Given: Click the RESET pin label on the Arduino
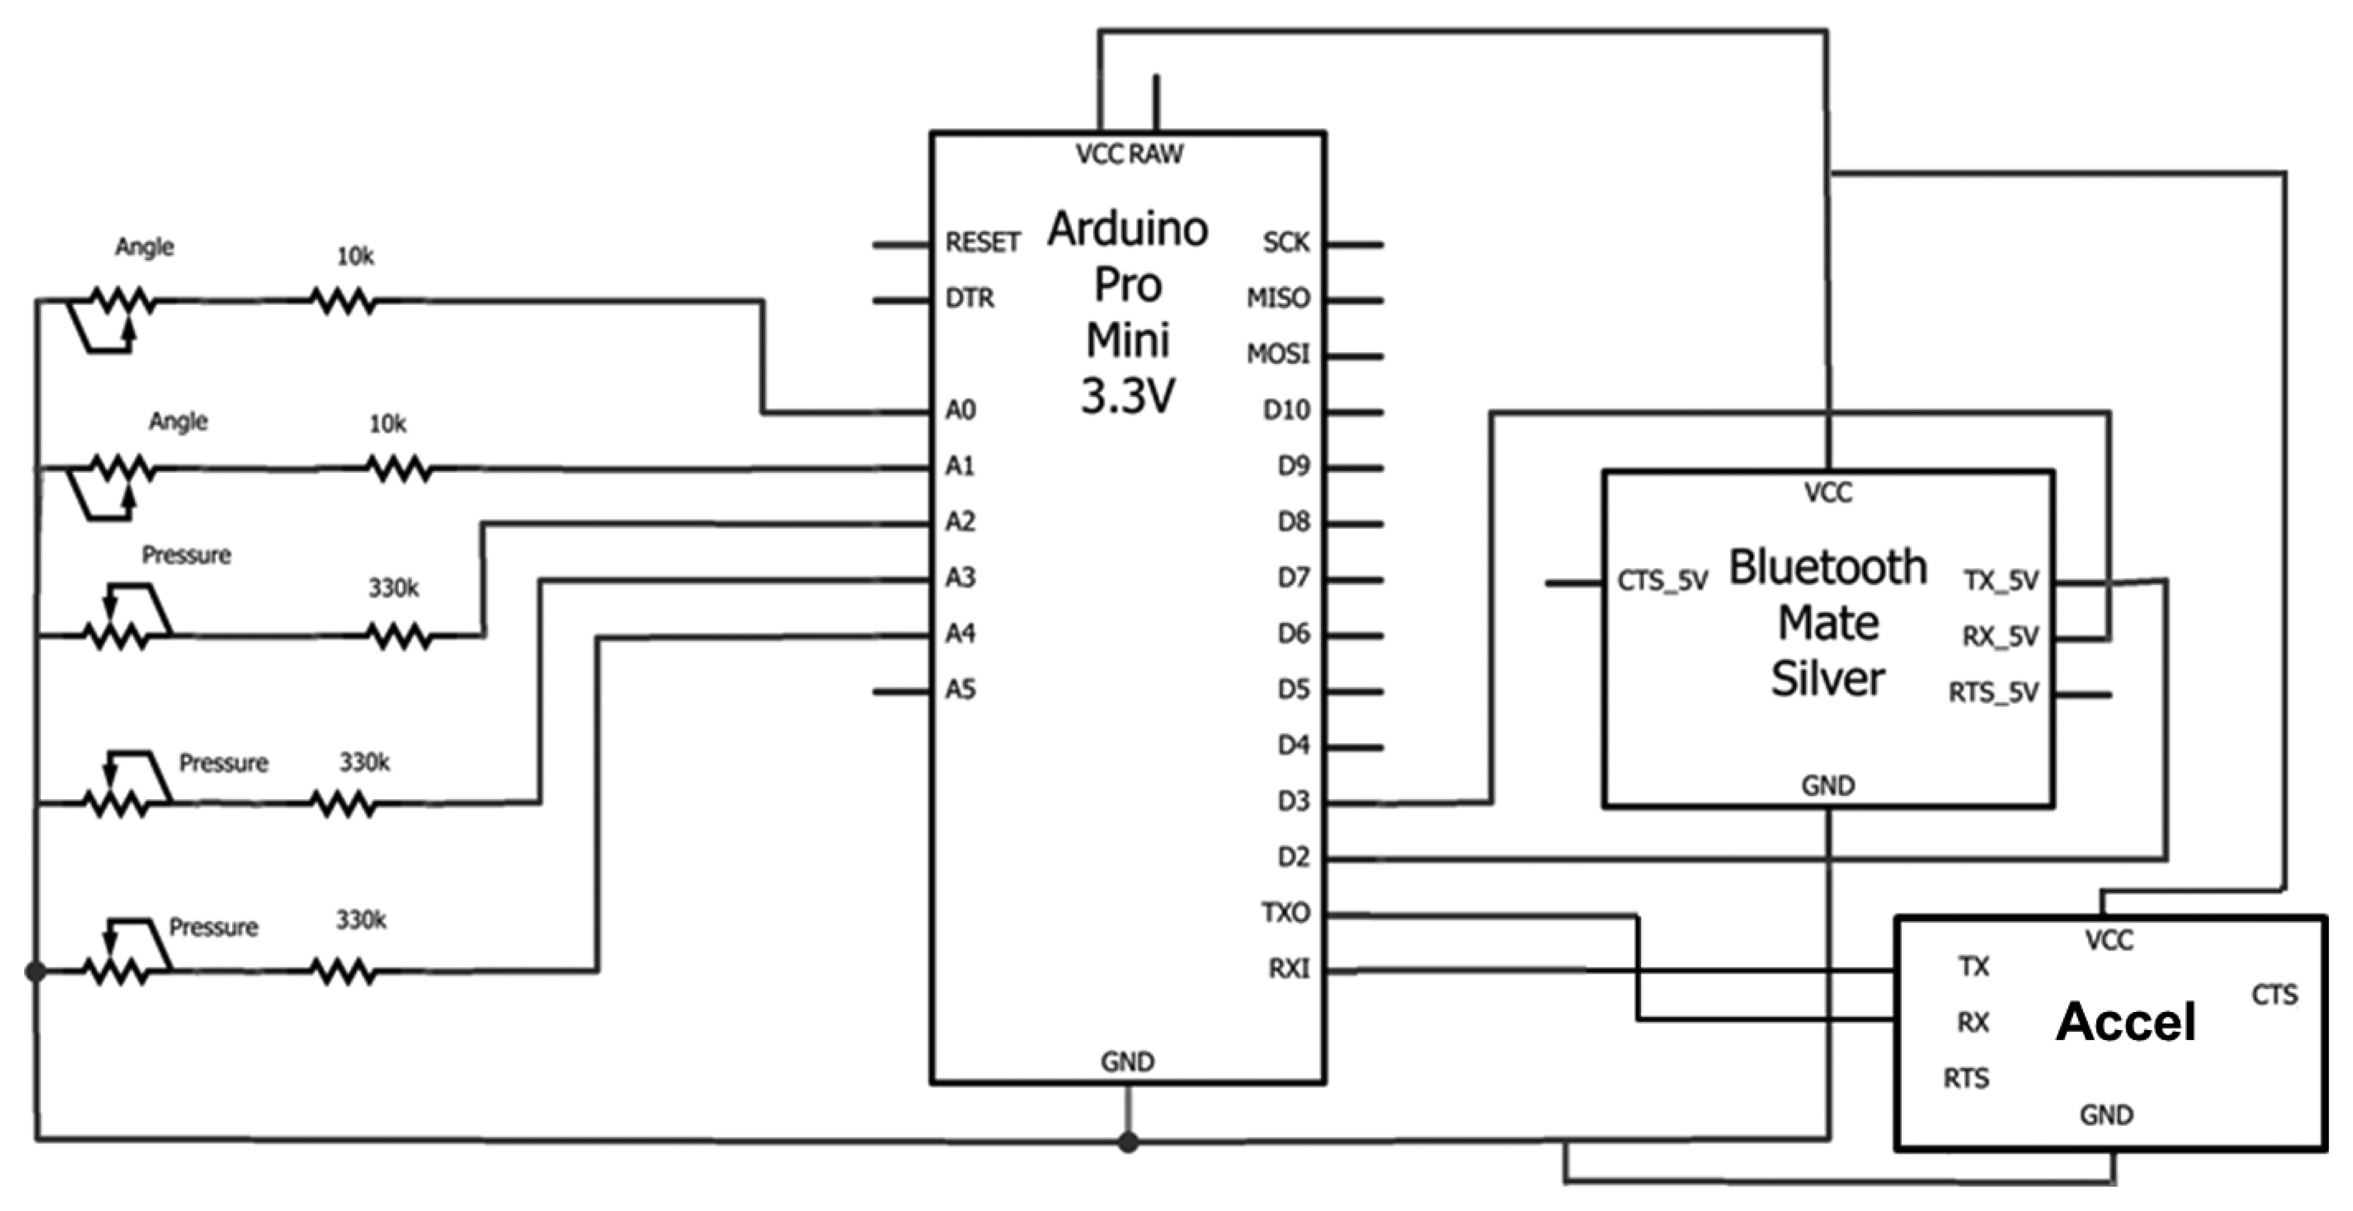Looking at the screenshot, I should tap(982, 243).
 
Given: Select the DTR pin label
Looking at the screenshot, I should tap(969, 299).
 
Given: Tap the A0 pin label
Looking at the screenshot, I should tap(960, 410).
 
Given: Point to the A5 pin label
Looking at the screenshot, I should tap(960, 689).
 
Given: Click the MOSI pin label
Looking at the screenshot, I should tap(1278, 354).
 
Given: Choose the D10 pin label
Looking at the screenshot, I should tap(1286, 411).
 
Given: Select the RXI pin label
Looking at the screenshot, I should tap(1289, 969).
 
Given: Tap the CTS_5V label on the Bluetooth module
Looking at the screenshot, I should tap(1662, 582).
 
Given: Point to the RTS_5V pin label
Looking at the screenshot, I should tap(1993, 693).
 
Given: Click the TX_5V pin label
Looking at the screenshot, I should tap(2000, 581).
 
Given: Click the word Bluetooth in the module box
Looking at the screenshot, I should tap(1828, 568).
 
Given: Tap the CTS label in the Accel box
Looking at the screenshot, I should tap(2273, 994).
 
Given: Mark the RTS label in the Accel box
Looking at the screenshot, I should tap(1966, 1078).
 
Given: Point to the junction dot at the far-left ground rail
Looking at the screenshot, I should tap(36, 972).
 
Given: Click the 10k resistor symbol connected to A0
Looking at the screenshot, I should tap(343, 300).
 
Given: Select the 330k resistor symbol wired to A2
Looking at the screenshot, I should tap(399, 636).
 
